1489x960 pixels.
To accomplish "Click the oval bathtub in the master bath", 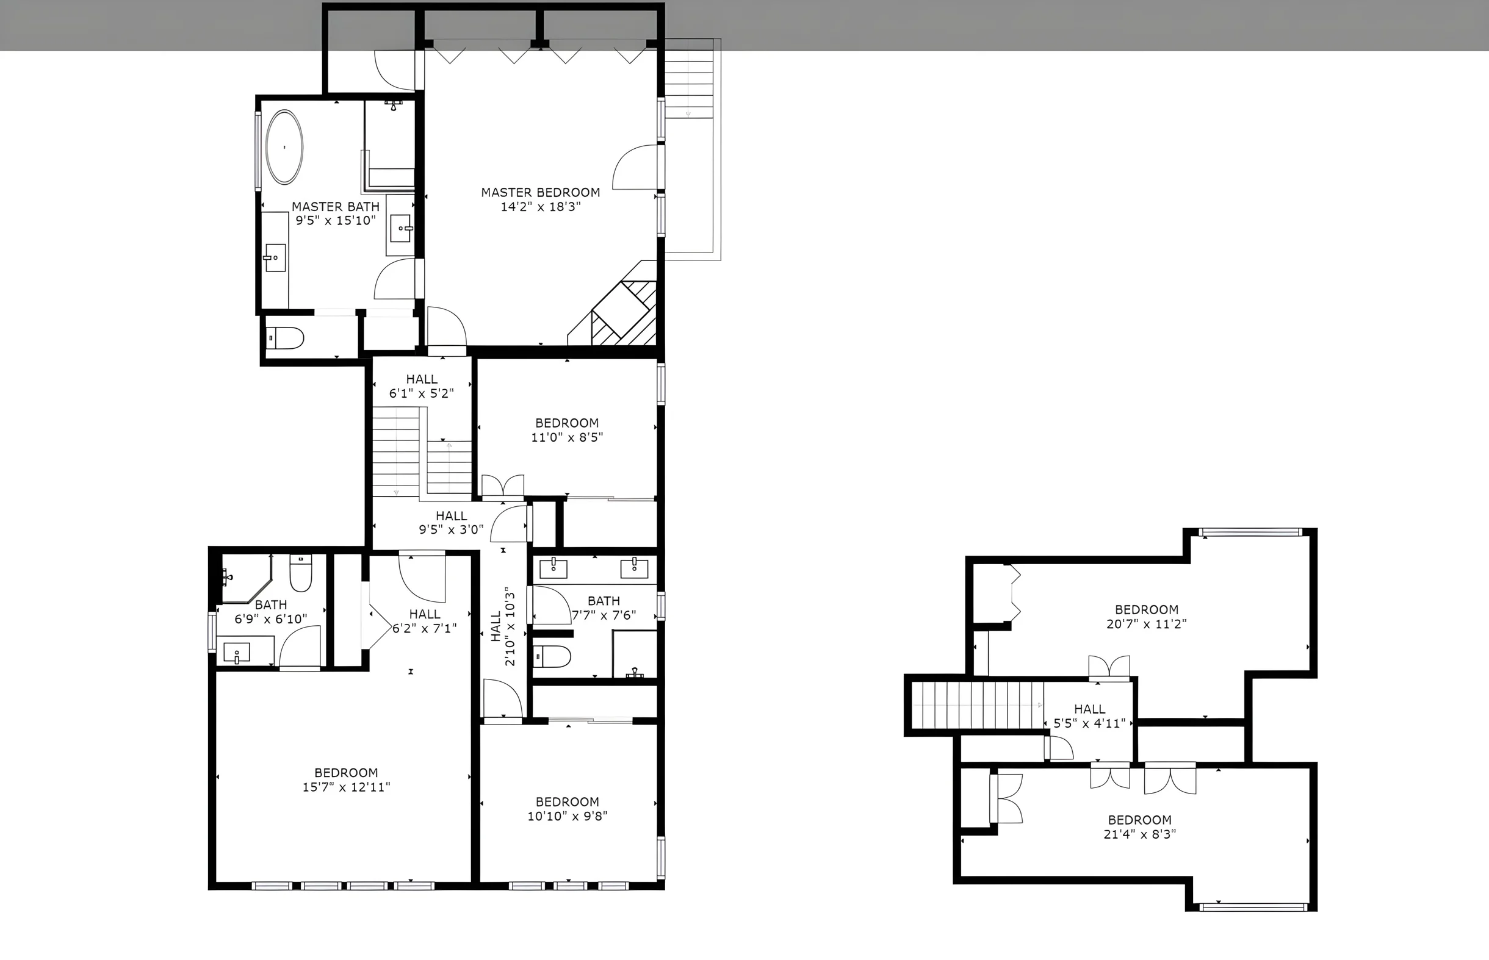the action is tap(284, 147).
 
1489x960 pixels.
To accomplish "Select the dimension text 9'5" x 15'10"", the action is tap(336, 220).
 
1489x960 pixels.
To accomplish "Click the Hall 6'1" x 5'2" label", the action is tap(422, 386).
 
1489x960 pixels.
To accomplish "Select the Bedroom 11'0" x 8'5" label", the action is tap(567, 430).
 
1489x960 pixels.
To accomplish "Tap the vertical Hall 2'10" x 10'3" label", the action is tap(503, 626).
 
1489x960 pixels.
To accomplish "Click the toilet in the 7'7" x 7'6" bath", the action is tap(552, 656).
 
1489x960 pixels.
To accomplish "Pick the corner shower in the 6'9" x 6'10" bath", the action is tap(247, 578).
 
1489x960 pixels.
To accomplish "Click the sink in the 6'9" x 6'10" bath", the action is tap(236, 653).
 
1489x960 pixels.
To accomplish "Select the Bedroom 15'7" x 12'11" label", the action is tap(346, 780).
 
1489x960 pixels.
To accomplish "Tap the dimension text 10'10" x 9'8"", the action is tap(568, 816).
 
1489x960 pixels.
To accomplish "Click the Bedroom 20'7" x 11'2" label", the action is tap(1147, 617).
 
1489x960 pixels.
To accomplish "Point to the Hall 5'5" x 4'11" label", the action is tap(1089, 716).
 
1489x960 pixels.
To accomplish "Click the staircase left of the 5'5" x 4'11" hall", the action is tap(977, 705).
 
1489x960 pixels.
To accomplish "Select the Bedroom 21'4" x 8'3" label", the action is tap(1140, 826).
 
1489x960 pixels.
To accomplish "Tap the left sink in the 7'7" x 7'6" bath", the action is tap(553, 568).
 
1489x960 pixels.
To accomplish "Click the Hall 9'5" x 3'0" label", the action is tap(452, 523).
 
